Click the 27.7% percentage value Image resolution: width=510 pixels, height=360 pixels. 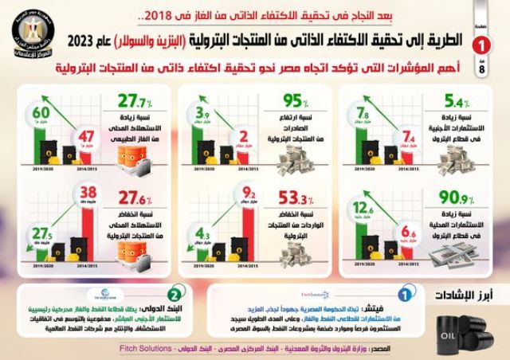click(x=134, y=103)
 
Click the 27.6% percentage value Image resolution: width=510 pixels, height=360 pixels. click(x=134, y=197)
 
